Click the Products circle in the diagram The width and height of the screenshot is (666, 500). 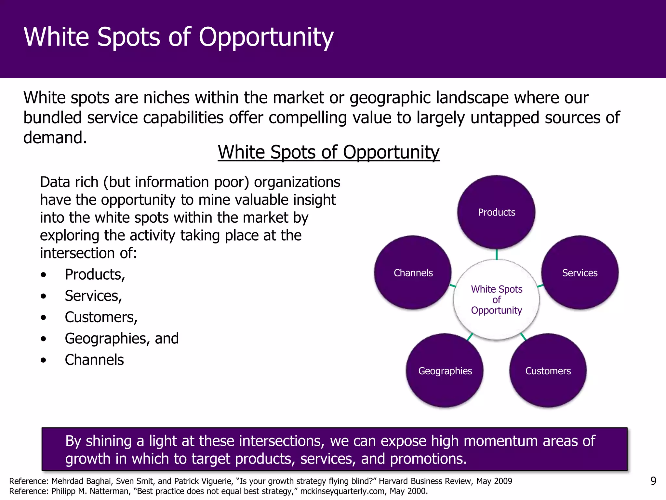click(x=496, y=212)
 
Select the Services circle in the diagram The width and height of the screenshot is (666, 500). click(x=580, y=272)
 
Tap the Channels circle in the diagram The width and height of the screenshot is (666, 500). click(x=413, y=272)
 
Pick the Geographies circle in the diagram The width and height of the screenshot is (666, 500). click(x=445, y=370)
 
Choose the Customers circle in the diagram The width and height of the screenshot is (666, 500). click(x=548, y=370)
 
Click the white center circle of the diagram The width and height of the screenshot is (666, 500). click(x=496, y=299)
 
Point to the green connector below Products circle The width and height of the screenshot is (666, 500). click(x=497, y=254)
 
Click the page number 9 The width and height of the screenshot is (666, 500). click(x=653, y=481)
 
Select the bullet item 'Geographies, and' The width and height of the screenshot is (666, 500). click(x=122, y=339)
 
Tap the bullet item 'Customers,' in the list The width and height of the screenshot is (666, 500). click(x=101, y=317)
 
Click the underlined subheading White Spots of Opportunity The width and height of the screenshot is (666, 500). click(x=328, y=152)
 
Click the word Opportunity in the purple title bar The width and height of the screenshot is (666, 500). click(x=266, y=37)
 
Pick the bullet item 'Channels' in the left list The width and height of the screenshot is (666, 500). click(x=94, y=360)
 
